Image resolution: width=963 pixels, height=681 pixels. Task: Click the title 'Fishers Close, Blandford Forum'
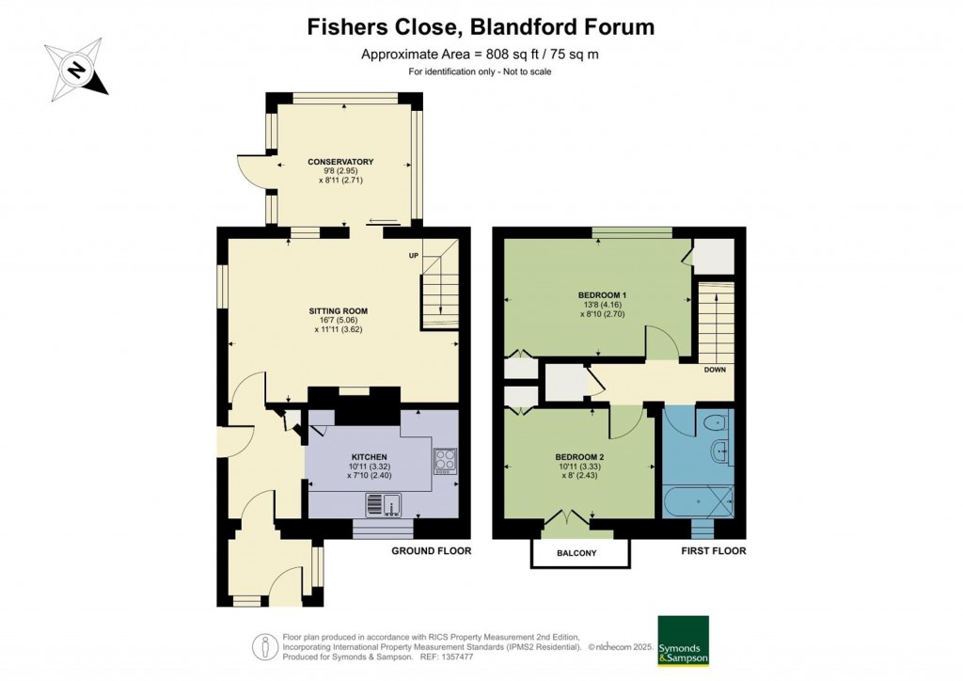coord(481,26)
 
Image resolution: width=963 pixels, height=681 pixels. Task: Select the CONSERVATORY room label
coord(340,162)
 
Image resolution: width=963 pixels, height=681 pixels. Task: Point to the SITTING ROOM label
coord(338,310)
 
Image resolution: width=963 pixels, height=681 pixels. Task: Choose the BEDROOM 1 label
coord(602,295)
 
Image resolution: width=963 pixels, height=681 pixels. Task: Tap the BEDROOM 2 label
coord(579,457)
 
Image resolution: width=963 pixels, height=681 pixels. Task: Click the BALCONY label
coord(578,553)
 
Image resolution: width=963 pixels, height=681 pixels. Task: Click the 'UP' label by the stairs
coord(413,256)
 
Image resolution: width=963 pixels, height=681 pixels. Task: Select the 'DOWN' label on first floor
coord(715,370)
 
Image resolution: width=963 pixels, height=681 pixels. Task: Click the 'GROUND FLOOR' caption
coord(431,550)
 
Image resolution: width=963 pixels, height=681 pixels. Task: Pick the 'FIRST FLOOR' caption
coord(713,550)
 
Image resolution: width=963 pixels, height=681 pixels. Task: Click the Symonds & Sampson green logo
coord(683,641)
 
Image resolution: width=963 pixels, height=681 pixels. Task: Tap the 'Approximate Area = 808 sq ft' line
coord(480,54)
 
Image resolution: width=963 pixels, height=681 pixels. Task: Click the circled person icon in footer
coord(265,647)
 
